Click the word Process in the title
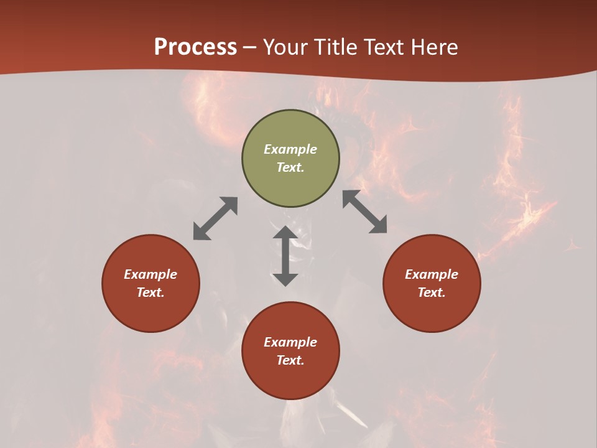195,47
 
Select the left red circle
150,311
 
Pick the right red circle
432,311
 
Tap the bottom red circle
290,380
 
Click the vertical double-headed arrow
285,256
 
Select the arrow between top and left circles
215,218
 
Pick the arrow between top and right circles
365,212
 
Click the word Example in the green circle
290,149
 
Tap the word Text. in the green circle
290,167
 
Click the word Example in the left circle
150,274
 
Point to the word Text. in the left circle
150,292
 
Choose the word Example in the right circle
432,274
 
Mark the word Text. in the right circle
432,292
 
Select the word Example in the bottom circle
290,342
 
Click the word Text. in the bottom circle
290,360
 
